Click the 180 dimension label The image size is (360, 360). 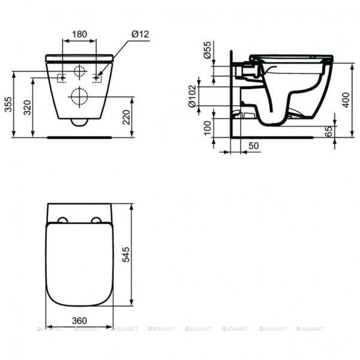click(79, 35)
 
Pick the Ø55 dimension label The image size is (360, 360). click(208, 50)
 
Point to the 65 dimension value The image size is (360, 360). click(328, 132)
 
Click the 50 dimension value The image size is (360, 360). click(253, 146)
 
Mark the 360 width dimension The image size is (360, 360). click(79, 321)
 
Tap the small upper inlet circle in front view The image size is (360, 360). click(79, 71)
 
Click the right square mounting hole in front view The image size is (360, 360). click(97, 78)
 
